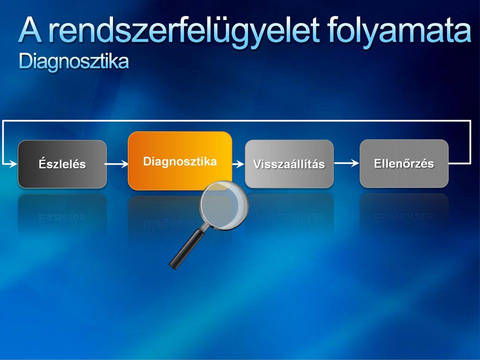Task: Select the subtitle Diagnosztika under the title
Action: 74,61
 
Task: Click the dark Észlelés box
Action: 62,164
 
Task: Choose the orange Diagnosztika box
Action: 180,161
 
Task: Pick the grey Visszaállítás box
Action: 289,164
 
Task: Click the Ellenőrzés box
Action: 404,163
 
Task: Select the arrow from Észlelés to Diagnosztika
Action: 116,164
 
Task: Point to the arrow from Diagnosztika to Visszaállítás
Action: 238,164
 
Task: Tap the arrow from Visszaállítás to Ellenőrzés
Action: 346,163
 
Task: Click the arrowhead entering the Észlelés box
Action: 13,164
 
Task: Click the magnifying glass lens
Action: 224,205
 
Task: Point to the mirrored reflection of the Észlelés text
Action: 62,217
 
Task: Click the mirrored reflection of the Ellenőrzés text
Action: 404,216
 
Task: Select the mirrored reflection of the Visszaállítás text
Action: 289,216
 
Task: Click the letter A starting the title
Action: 30,30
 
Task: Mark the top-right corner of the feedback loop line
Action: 470,121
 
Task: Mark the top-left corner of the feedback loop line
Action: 3,121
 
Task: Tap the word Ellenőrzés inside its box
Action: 404,163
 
